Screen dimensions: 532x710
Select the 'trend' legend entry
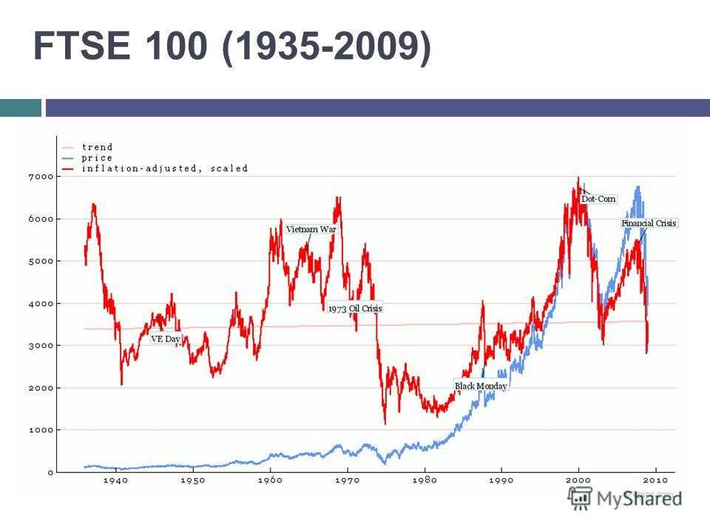(97, 147)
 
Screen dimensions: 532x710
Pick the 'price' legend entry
(97, 157)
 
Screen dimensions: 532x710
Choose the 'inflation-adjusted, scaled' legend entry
(164, 168)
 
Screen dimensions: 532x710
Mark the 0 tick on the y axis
(50, 472)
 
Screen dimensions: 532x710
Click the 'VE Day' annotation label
(166, 339)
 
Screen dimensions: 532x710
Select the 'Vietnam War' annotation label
(311, 230)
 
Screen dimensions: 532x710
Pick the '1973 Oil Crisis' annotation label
(356, 308)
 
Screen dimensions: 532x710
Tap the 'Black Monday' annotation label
(481, 386)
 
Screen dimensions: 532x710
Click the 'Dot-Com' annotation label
(598, 199)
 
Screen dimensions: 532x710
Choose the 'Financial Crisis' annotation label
(649, 222)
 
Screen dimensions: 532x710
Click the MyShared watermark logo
(625, 498)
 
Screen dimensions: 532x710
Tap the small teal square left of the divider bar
(20, 108)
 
